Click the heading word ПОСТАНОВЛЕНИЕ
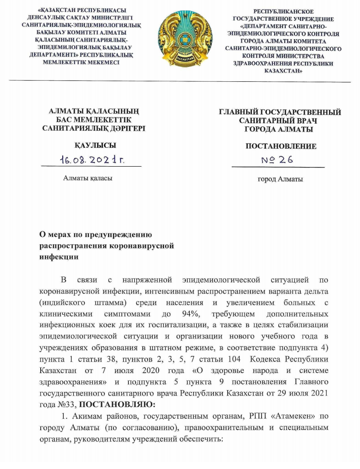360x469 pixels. point(281,146)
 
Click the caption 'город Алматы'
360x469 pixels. point(280,179)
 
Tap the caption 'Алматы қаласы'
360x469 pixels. point(87,177)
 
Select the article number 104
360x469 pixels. point(229,359)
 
